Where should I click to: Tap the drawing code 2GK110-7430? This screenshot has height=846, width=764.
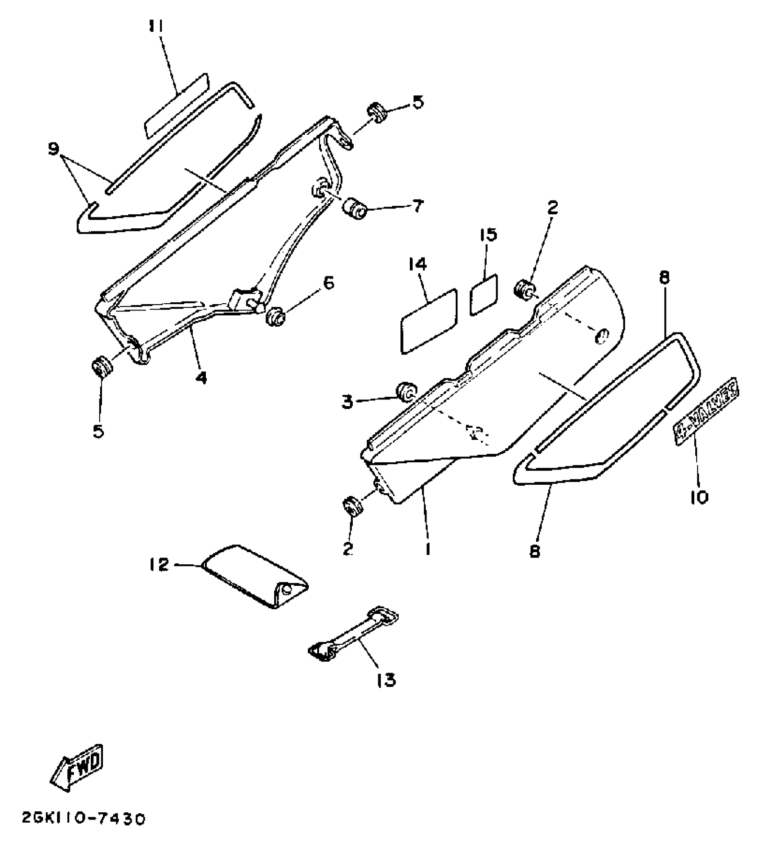point(84,819)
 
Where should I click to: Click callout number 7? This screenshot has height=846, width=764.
point(417,206)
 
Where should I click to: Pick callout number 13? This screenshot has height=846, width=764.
point(386,680)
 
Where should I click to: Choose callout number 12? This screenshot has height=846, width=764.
point(159,565)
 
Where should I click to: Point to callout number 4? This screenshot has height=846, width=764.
point(201,378)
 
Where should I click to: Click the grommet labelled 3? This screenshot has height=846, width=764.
point(406,392)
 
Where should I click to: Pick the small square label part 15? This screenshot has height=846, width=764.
point(484,295)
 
